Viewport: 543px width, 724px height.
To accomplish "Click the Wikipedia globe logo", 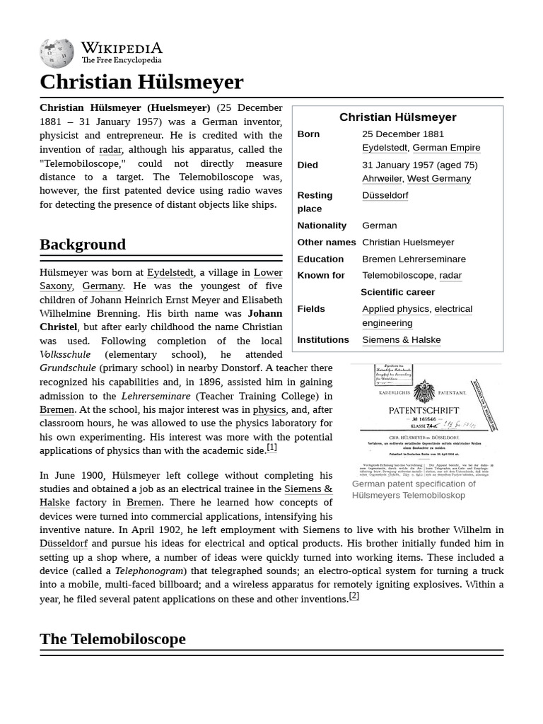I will coord(57,54).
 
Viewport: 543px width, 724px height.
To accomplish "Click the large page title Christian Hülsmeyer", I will coord(141,82).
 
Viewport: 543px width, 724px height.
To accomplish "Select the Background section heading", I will coord(83,245).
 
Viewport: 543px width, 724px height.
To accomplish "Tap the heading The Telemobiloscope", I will coord(112,639).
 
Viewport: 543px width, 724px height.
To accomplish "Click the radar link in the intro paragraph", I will coord(110,149).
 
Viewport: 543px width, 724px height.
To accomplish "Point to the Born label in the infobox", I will coord(308,134).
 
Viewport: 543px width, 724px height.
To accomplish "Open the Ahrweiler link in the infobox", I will coord(382,179).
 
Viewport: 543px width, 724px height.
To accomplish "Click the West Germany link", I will coord(439,179).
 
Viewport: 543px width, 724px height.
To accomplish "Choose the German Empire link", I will coord(446,148).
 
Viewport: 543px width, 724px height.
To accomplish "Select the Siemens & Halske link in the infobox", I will coord(401,340).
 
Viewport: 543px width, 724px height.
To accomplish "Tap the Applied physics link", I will coord(395,309).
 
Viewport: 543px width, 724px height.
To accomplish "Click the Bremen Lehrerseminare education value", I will coord(414,259).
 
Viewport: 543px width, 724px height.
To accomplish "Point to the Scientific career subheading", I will coord(397,292).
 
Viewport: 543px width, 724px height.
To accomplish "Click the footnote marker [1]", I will coord(271,448).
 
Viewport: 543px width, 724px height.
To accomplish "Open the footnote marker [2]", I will coord(354,596).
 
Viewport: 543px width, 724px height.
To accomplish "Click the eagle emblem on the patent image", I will coord(424,391).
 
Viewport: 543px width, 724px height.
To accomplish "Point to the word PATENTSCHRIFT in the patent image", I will coord(424,410).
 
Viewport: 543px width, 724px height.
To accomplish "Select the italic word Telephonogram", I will coord(149,571).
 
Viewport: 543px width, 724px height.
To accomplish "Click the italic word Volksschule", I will coord(65,354).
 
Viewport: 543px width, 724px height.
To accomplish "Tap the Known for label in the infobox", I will coord(321,276).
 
